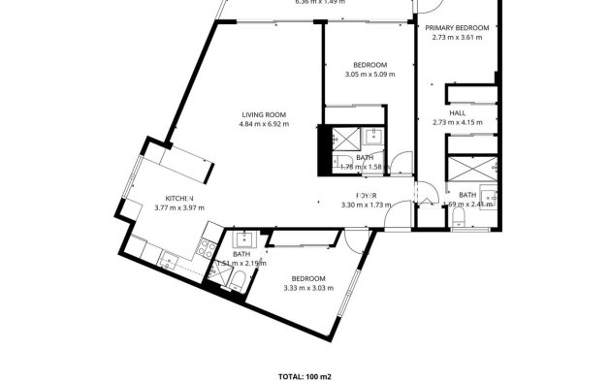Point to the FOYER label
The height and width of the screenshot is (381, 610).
(366, 196)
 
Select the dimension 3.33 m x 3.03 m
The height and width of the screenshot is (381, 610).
(307, 288)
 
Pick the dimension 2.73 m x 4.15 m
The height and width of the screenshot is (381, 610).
(456, 123)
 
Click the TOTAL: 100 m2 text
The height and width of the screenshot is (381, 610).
(304, 374)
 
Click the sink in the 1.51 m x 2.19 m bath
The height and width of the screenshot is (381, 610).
(241, 238)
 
